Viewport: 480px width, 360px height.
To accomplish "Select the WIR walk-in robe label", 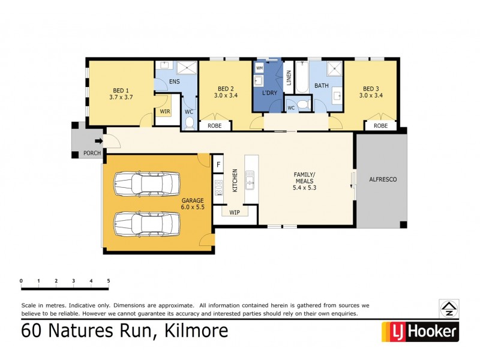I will click(164, 111).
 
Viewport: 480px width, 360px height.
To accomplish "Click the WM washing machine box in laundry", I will click(259, 68).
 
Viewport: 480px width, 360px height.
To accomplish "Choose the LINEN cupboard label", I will click(289, 78).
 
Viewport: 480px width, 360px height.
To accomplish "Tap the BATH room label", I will click(322, 86).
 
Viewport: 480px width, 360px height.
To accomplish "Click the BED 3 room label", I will click(371, 88).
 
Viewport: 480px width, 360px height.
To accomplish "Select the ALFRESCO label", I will click(382, 179).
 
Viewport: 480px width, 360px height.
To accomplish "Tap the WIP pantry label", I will click(235, 212).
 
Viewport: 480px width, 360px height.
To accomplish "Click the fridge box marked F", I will click(218, 164).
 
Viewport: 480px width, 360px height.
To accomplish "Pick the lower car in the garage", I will click(146, 223).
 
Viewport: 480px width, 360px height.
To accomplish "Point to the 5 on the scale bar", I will click(109, 281).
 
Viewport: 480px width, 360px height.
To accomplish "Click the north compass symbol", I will click(448, 308).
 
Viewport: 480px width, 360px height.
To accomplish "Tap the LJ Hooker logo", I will click(420, 331).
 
